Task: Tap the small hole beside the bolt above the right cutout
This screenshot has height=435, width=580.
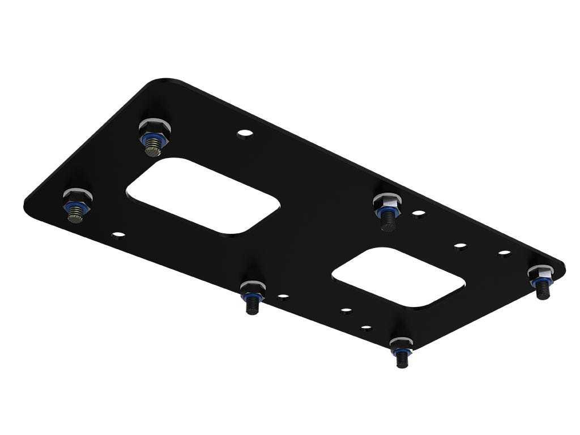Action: pyautogui.click(x=419, y=214)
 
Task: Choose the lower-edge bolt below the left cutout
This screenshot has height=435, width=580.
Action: pyautogui.click(x=251, y=295)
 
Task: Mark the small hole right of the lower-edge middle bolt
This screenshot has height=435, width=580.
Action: pyautogui.click(x=283, y=296)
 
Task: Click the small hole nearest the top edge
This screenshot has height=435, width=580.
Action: pyautogui.click(x=245, y=134)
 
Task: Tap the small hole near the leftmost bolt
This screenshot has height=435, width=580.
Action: pyautogui.click(x=118, y=233)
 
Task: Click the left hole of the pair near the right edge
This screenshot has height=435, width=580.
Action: pyautogui.click(x=460, y=246)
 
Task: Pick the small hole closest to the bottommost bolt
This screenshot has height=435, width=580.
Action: pyautogui.click(x=366, y=328)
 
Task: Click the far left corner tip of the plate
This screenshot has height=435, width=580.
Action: pyautogui.click(x=26, y=203)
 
